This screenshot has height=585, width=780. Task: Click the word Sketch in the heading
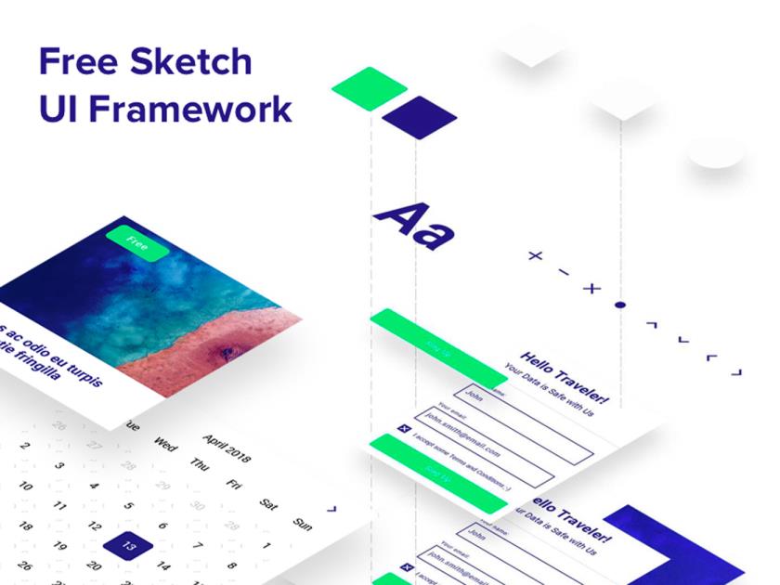pos(190,62)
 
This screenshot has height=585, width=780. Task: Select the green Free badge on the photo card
pos(136,244)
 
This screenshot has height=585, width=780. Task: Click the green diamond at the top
pos(369,88)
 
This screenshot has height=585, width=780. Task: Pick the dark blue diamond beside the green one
pos(419,118)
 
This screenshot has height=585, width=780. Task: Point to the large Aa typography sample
pos(413,226)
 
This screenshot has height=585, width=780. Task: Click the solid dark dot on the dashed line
pos(620,305)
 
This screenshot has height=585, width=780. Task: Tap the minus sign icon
pos(564,272)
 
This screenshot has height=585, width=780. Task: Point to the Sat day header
pos(268,504)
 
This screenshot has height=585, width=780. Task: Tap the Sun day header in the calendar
pos(302,524)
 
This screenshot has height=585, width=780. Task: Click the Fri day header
pos(234,484)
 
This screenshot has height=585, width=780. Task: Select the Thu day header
pos(200,463)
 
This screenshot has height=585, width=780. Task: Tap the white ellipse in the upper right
pos(716,151)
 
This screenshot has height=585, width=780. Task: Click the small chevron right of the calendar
pos(331,508)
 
